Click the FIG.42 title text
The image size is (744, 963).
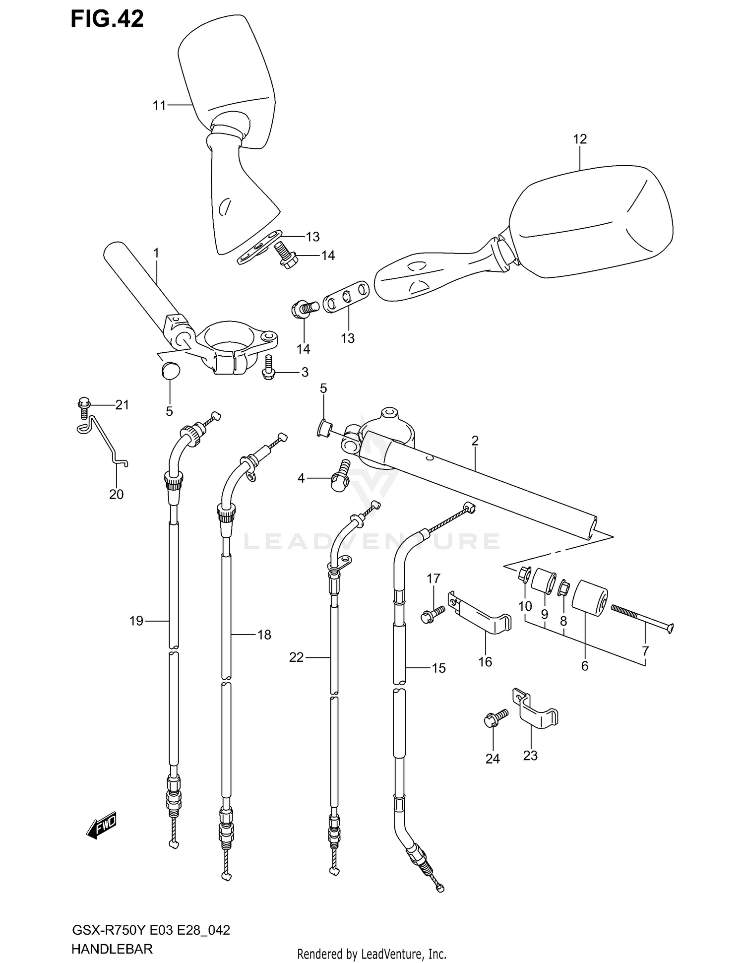click(x=107, y=19)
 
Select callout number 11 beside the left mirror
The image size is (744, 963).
click(x=159, y=105)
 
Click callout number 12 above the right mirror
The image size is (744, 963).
click(x=579, y=139)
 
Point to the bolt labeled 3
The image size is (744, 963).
click(x=268, y=368)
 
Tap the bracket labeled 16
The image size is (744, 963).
click(x=480, y=613)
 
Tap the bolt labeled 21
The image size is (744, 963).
click(x=84, y=405)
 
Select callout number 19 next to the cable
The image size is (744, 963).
click(x=136, y=621)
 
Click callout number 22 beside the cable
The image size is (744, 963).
click(x=296, y=657)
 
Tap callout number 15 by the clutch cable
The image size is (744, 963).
click(x=438, y=668)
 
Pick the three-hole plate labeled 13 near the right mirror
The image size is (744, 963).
click(x=346, y=298)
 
